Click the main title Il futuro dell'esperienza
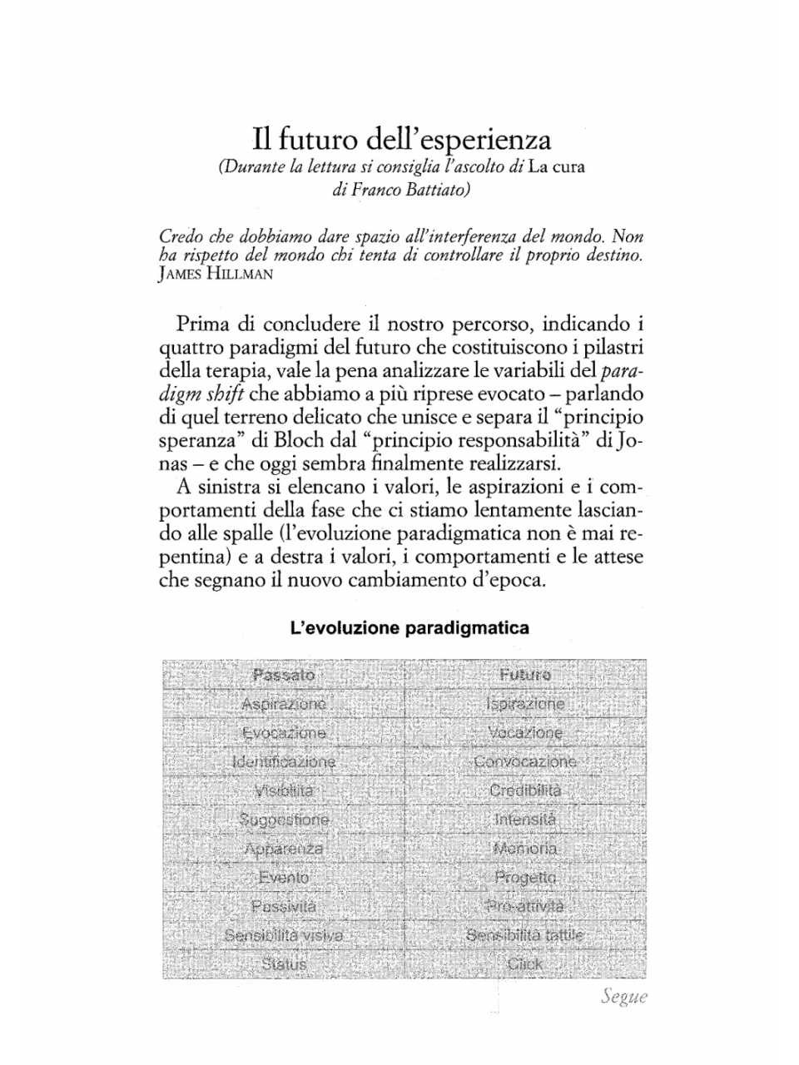click(402, 138)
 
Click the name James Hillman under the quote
click(216, 275)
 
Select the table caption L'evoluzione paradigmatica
click(409, 628)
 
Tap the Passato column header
click(284, 675)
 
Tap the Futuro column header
click(525, 675)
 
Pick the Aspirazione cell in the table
click(284, 704)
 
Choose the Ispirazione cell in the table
click(525, 704)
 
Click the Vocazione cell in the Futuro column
click(525, 733)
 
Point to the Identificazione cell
click(284, 761)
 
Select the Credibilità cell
click(525, 790)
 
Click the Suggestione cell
click(284, 820)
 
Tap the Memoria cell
click(525, 849)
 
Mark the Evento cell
click(284, 877)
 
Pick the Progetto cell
click(525, 877)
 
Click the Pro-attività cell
click(525, 906)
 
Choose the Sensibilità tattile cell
click(525, 935)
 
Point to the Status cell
click(284, 964)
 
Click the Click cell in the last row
click(525, 964)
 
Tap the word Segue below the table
click(623, 998)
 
